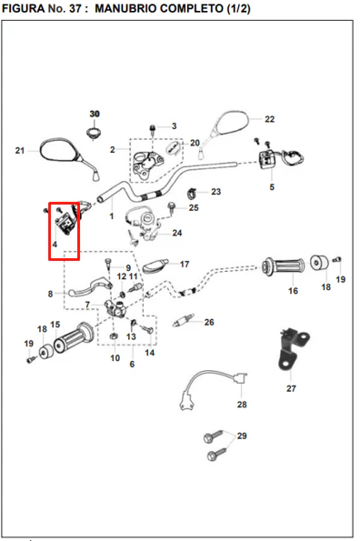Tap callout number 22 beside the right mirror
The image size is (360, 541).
pos(269,119)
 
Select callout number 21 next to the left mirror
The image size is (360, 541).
pos(20,150)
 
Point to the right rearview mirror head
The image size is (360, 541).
pos(231,123)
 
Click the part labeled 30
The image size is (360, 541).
pos(94,133)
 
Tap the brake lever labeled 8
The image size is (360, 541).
pos(90,286)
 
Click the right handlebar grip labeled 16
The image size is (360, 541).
pos(283,266)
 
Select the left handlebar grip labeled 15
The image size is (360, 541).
pos(74,336)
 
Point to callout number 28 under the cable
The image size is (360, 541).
pos(242,405)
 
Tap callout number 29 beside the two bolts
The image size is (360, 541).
pos(242,436)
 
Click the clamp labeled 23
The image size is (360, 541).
pos(193,194)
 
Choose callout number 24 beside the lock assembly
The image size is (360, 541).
pos(177,233)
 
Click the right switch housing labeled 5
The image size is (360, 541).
pos(266,160)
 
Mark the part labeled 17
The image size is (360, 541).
pos(155,265)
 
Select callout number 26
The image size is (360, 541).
pos(209,322)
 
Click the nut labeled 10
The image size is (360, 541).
pos(114,336)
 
